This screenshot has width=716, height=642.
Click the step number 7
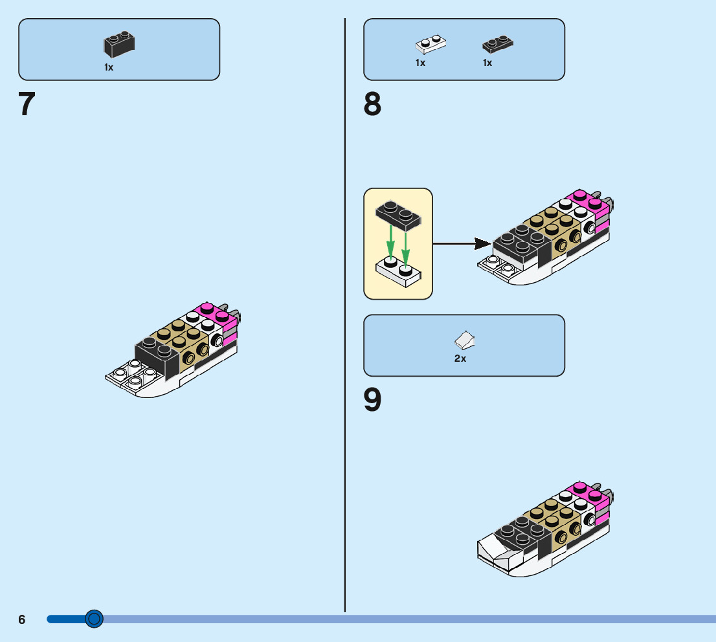[x=27, y=104]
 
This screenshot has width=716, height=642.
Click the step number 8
[x=372, y=104]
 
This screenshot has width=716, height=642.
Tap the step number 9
[x=372, y=400]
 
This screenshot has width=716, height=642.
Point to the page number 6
[x=22, y=619]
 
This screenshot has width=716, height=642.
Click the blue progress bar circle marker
[x=95, y=619]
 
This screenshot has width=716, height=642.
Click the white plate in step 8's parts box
[x=431, y=44]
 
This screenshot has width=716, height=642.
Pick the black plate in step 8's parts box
[x=498, y=44]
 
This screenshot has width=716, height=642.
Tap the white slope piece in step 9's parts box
[x=465, y=340]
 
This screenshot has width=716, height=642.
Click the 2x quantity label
[x=460, y=359]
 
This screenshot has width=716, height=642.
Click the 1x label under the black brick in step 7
[x=109, y=67]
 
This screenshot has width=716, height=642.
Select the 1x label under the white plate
[x=421, y=63]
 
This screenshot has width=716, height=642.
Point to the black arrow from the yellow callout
[x=460, y=244]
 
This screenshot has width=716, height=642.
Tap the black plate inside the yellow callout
[x=397, y=215]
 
